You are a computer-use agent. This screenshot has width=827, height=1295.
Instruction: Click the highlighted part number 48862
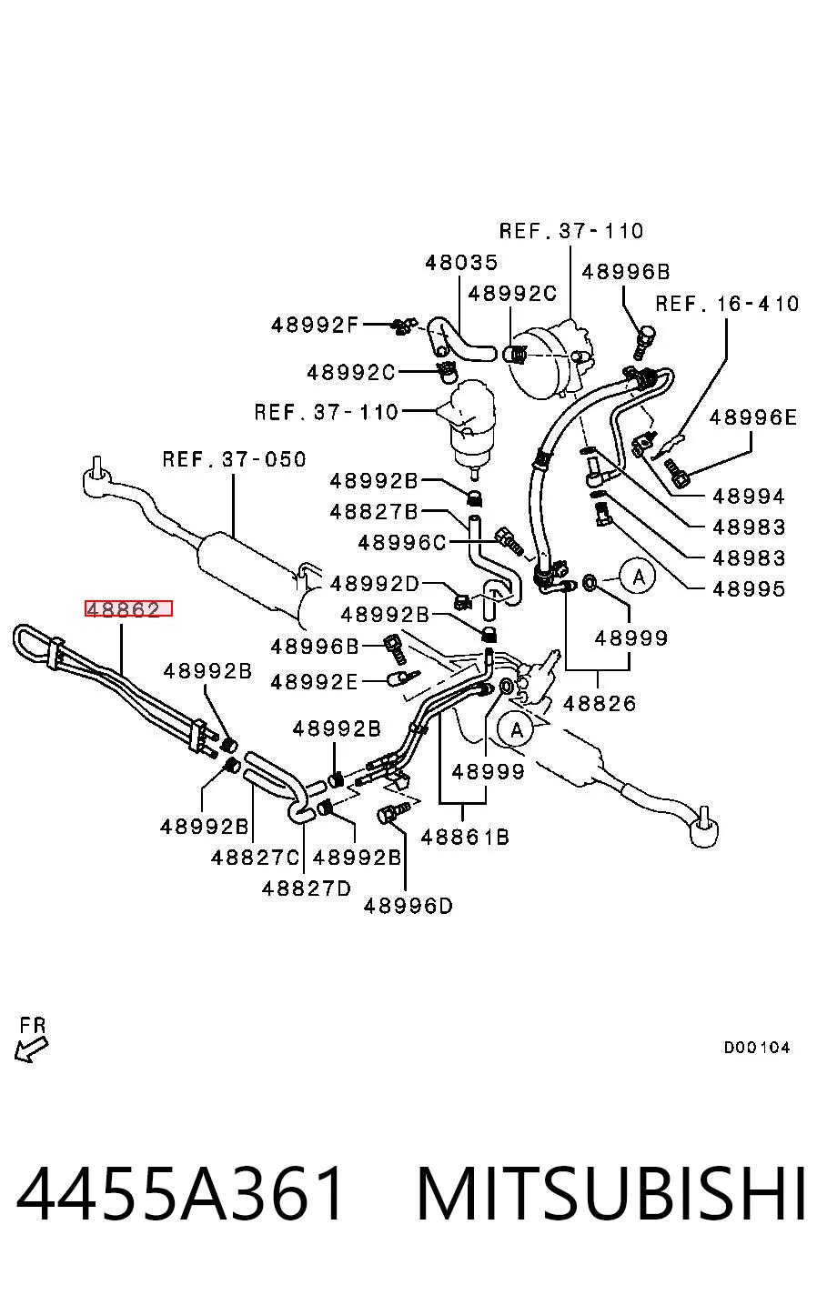tap(128, 608)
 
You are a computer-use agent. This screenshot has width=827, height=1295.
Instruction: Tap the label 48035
tap(461, 263)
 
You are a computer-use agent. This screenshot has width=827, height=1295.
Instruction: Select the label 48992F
tap(315, 325)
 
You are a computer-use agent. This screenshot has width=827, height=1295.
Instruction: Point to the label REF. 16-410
tap(727, 304)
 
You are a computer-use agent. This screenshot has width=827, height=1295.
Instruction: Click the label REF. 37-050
tap(234, 459)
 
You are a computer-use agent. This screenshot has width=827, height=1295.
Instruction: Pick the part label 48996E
tap(753, 417)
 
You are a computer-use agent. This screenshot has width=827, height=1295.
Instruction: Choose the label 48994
tap(749, 496)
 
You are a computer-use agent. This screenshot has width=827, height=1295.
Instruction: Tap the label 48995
tap(749, 589)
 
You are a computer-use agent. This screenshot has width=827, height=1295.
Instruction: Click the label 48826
tap(600, 704)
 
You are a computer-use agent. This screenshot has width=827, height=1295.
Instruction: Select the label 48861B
tap(465, 838)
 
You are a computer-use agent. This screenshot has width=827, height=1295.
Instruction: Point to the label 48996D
tap(408, 906)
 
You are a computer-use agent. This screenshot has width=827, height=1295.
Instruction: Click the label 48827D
tap(306, 888)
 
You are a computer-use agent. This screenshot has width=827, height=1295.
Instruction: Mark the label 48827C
tap(255, 858)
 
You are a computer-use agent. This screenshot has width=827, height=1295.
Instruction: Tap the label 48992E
tap(315, 682)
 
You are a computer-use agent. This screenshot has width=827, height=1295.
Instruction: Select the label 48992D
tap(374, 584)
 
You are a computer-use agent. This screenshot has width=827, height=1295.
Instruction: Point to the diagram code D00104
tap(757, 1047)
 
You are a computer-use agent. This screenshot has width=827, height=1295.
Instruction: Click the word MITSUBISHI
tap(611, 1193)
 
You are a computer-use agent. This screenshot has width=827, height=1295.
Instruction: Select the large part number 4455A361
tap(179, 1193)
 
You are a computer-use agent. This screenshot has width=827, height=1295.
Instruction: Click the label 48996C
tap(402, 543)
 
